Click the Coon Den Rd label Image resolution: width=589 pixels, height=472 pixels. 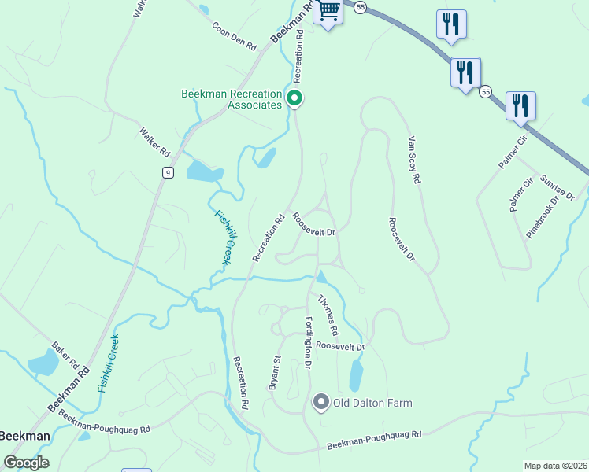click(235, 36)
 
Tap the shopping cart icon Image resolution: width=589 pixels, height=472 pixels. click(328, 12)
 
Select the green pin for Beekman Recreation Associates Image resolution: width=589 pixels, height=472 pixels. click(294, 99)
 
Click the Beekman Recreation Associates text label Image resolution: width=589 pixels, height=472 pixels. click(232, 99)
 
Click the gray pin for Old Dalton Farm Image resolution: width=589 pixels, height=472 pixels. click(320, 403)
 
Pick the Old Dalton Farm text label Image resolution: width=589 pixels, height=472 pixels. click(372, 404)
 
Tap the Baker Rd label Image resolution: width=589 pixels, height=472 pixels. click(66, 356)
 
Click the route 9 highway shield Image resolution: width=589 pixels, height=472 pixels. click(168, 172)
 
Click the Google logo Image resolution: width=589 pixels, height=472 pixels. click(26, 462)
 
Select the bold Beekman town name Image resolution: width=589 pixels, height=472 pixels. click(24, 436)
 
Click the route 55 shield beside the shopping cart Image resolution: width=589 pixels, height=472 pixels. click(360, 7)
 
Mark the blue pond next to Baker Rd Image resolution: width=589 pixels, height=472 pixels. click(43, 363)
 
